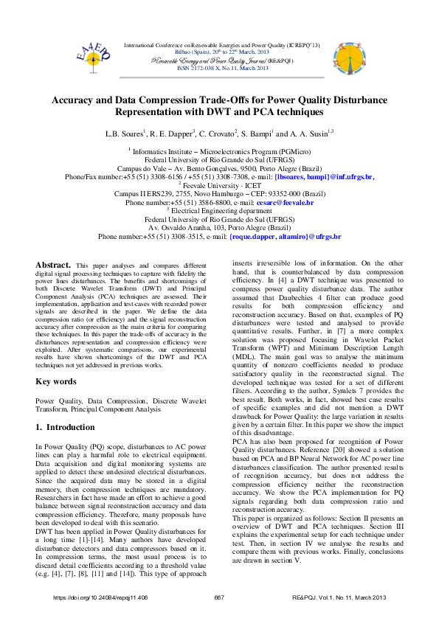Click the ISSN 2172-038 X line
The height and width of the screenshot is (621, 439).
222,68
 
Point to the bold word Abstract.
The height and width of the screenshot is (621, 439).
54,264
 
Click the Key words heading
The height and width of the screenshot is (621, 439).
56,381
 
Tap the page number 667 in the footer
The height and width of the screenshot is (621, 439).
219,597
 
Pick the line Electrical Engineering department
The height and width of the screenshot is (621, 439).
220,210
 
